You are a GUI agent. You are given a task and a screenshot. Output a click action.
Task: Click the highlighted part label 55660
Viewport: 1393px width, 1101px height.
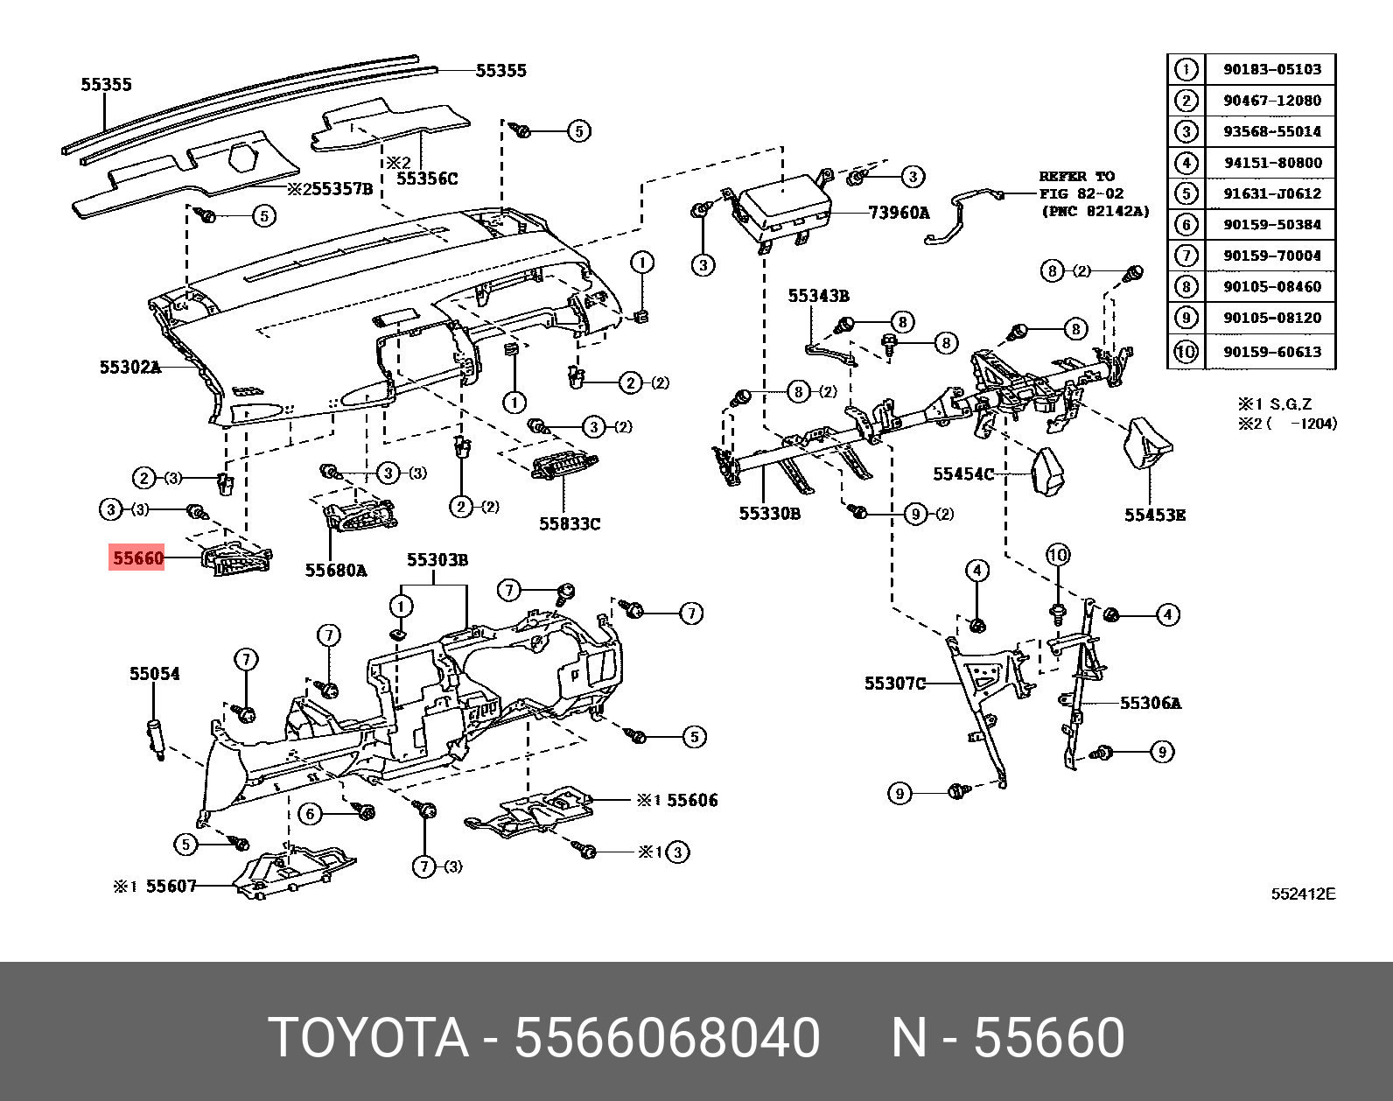(137, 558)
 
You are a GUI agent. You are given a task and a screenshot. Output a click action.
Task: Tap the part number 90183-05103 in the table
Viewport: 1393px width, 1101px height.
(1271, 69)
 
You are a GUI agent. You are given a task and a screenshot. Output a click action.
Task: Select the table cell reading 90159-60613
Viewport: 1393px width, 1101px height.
(1271, 352)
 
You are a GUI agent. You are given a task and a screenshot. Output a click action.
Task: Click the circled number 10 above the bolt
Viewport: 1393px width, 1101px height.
(1059, 555)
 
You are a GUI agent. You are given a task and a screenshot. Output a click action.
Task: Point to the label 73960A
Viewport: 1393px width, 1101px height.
(899, 212)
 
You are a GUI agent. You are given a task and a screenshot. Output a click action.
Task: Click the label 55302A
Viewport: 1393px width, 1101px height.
(129, 368)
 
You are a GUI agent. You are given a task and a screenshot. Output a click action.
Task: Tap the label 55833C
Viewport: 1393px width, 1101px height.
(569, 523)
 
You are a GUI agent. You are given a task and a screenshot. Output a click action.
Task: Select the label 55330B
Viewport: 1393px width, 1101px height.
(769, 513)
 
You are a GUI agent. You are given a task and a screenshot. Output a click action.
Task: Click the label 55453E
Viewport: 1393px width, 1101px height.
(1154, 515)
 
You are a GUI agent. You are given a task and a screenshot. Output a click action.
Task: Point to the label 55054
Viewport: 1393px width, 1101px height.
(155, 673)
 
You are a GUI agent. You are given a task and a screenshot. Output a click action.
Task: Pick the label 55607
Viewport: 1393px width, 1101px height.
(171, 886)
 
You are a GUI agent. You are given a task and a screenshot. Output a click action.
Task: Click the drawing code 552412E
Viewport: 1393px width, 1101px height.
(1303, 894)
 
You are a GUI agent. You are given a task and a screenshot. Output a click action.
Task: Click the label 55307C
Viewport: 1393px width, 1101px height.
(894, 683)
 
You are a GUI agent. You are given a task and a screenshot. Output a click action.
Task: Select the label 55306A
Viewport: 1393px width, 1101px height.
(1150, 702)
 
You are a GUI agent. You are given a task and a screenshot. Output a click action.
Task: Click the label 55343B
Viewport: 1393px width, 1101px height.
(818, 296)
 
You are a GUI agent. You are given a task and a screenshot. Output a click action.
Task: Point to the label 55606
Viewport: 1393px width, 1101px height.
(691, 800)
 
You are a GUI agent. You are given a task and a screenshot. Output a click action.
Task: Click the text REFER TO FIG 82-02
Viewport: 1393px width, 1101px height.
(1081, 185)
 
